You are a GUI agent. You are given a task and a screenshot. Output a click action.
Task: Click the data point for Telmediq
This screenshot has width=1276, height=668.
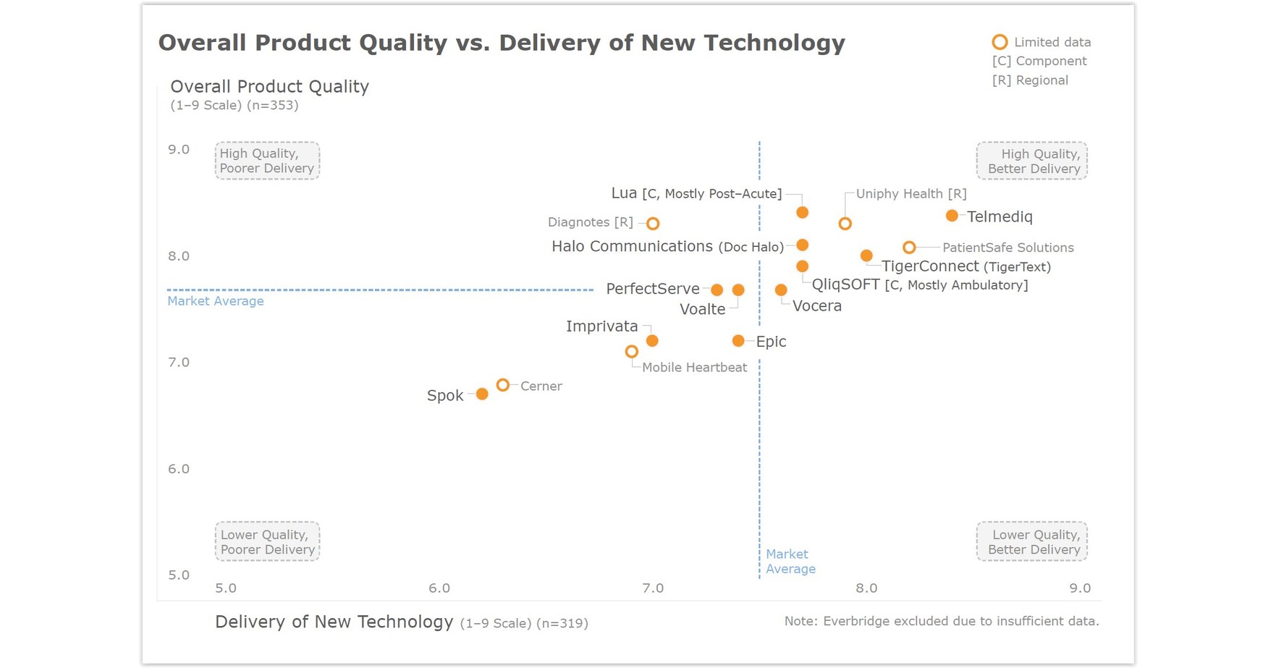(x=952, y=216)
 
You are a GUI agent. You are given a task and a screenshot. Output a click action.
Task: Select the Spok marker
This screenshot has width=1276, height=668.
(x=482, y=394)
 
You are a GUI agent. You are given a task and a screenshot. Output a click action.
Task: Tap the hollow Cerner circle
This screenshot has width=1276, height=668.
(x=503, y=385)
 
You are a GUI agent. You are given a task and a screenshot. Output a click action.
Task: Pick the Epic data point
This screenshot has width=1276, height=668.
(x=738, y=341)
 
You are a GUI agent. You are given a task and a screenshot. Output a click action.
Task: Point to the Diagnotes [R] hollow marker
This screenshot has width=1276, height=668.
(x=653, y=224)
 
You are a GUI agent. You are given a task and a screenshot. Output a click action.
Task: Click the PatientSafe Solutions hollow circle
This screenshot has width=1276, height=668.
(x=909, y=248)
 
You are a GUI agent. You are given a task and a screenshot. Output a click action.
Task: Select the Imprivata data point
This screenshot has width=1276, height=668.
(x=652, y=341)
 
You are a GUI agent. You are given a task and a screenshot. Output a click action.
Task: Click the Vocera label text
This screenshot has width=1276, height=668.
(x=816, y=306)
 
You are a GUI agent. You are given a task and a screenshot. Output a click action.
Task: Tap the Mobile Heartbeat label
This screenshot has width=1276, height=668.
(x=694, y=368)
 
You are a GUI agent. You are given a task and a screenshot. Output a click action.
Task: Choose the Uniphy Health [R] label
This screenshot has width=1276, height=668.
(x=910, y=194)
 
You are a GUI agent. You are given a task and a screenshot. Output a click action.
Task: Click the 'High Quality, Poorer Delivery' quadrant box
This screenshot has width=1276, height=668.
(x=267, y=161)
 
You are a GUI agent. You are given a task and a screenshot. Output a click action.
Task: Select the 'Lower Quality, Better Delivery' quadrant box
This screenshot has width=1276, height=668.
(x=1033, y=541)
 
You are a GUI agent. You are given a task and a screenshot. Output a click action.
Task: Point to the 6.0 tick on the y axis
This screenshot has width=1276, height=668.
(x=179, y=469)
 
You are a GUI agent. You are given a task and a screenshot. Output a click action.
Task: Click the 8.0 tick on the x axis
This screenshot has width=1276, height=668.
(x=866, y=588)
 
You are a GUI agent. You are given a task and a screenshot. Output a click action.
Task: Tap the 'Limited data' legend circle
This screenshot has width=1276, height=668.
(x=1000, y=42)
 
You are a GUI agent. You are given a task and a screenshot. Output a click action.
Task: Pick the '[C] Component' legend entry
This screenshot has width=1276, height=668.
(x=1039, y=62)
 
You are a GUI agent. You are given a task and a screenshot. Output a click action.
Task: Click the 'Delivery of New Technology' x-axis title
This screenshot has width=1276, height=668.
(x=334, y=622)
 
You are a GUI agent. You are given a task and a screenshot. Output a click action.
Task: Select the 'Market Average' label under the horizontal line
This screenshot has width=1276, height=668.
(x=216, y=301)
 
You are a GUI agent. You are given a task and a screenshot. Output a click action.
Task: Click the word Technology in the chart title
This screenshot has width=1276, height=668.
(x=774, y=43)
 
